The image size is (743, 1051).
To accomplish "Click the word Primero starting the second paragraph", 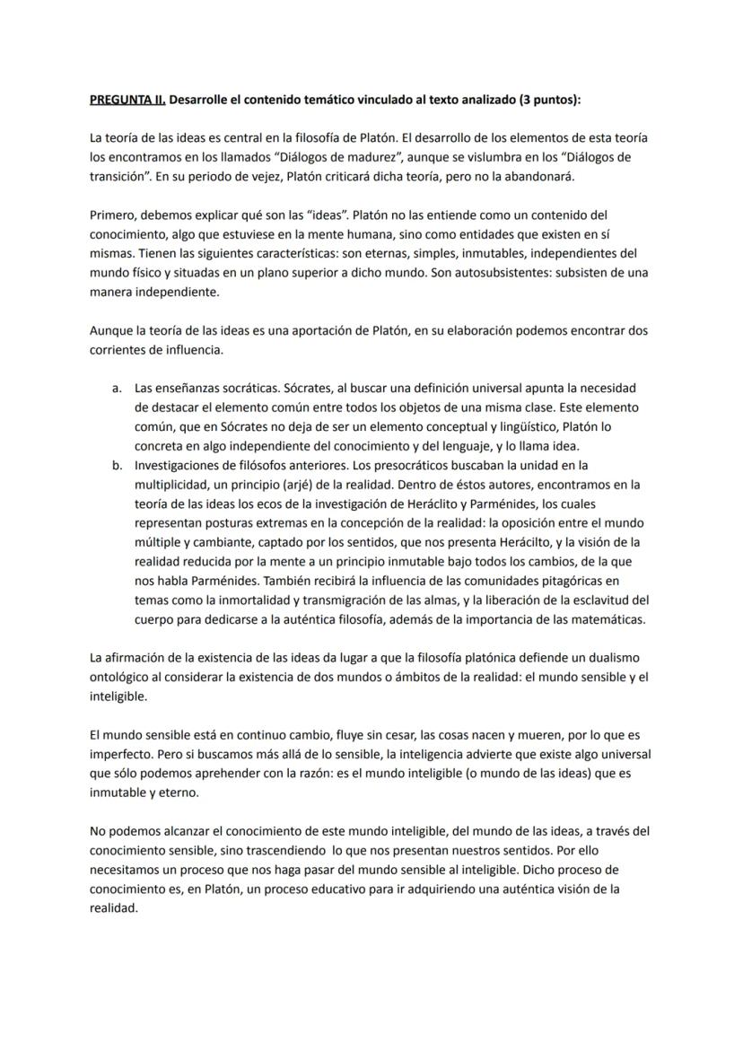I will pos(112,215).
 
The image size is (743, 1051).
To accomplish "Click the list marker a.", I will pos(117,388).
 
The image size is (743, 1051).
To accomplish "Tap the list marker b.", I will pos(117,465).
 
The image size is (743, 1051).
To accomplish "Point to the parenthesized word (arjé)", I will pos(315,485).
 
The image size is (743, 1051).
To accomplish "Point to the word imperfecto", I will pos(120,754).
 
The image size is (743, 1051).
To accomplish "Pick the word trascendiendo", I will pos(259,850).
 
